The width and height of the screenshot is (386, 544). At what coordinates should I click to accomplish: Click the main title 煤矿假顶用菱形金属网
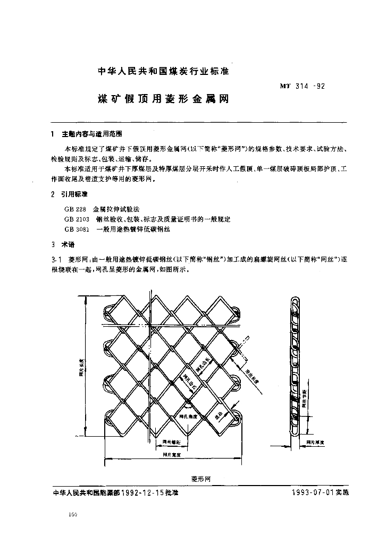pos(163,99)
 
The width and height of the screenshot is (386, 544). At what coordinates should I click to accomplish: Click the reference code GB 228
pos(75,209)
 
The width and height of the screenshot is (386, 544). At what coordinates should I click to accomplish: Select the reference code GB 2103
pos(77,219)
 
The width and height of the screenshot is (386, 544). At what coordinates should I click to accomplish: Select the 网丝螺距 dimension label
pos(171,442)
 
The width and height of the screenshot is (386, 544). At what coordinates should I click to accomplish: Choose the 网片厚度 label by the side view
pos(315,442)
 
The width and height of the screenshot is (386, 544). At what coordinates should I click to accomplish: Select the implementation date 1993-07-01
pos(312,492)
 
